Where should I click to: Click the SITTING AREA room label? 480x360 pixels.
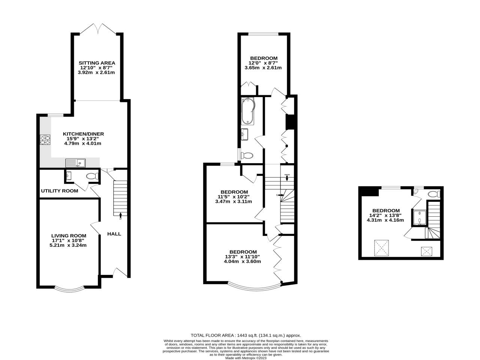click(97, 63)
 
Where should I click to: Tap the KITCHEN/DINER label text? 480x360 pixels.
click(83, 134)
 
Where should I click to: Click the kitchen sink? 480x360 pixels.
click(75, 163)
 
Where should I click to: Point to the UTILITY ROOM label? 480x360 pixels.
click(60, 191)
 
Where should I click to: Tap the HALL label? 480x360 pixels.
click(114, 234)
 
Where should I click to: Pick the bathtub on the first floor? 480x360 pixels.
click(248, 111)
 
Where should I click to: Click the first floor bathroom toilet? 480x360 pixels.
click(247, 155)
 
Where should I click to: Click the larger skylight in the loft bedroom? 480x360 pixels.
click(382, 248)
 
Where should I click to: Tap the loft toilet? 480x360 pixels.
click(434, 194)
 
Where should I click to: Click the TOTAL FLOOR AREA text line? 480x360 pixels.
click(246, 336)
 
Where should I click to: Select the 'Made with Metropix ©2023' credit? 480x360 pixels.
click(246, 358)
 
